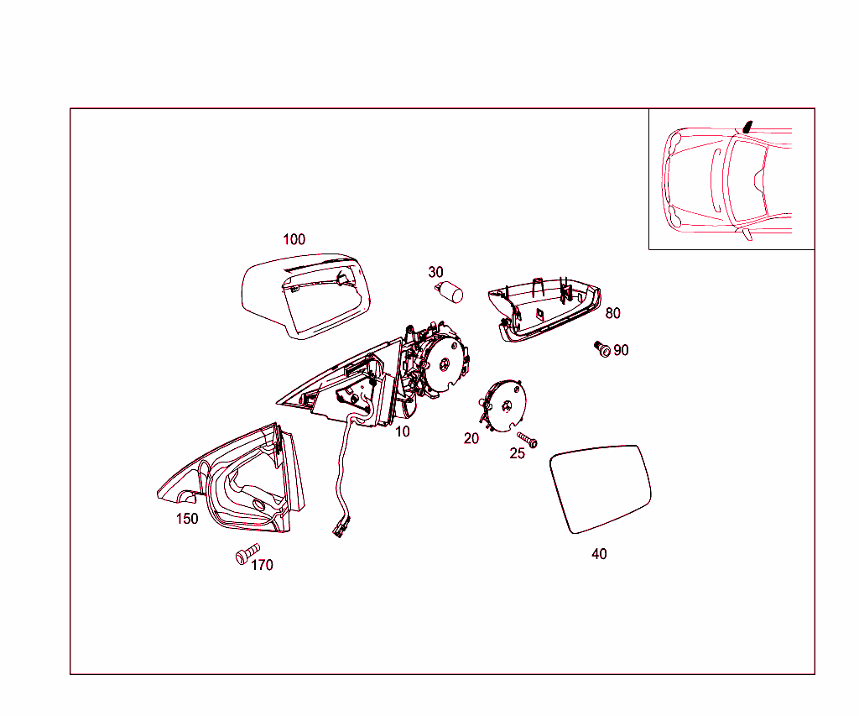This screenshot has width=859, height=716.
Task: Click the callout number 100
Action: click(x=294, y=239)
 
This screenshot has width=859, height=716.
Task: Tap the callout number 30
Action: click(x=435, y=272)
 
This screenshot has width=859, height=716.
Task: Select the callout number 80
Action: click(x=612, y=313)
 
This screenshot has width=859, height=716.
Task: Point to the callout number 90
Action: click(x=621, y=350)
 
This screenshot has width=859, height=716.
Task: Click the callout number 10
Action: click(x=403, y=431)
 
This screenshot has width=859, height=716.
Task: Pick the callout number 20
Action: click(x=471, y=439)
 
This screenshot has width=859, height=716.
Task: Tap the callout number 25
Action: click(x=517, y=453)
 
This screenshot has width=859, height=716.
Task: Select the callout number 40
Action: click(x=599, y=554)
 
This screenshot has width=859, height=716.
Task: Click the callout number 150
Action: click(x=187, y=519)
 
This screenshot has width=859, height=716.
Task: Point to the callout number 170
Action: click(x=262, y=565)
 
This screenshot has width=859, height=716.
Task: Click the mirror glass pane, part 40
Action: click(x=601, y=489)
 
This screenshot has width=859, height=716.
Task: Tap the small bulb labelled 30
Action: click(x=450, y=291)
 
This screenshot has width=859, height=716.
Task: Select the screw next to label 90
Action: click(x=602, y=348)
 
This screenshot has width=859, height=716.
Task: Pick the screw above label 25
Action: click(x=527, y=440)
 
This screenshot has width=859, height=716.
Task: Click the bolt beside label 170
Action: click(x=247, y=554)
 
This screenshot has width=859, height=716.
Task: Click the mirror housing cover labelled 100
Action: click(x=305, y=296)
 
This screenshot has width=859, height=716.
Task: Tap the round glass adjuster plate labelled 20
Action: click(x=503, y=405)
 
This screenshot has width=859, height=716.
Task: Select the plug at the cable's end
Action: click(x=339, y=530)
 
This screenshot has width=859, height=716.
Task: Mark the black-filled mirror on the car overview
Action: click(x=747, y=128)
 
